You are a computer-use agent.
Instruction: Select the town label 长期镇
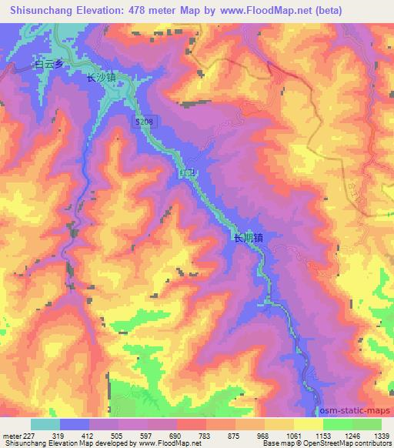(x=249, y=239)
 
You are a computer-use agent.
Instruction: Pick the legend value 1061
(x=293, y=435)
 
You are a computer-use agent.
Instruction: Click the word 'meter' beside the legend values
(x=10, y=435)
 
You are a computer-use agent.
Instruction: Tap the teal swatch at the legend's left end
(x=45, y=424)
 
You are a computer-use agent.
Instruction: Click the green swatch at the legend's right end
(x=366, y=424)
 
